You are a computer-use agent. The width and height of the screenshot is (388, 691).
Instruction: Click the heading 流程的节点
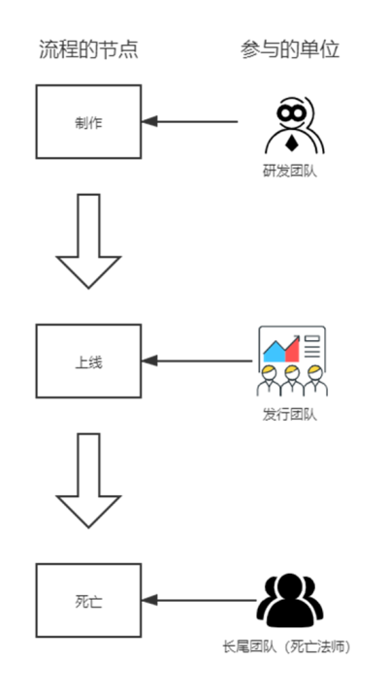point(88,49)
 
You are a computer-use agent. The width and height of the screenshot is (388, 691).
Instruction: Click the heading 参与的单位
point(290,49)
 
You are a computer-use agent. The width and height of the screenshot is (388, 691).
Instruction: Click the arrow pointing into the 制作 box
point(189,121)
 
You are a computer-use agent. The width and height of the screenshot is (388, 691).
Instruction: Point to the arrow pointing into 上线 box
point(197,361)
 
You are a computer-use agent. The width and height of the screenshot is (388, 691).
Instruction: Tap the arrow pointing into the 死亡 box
point(199,600)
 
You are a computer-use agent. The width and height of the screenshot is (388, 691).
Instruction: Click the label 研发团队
point(290,172)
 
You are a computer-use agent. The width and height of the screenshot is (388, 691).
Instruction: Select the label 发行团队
point(290,415)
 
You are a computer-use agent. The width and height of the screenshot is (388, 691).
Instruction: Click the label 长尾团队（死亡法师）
point(286,647)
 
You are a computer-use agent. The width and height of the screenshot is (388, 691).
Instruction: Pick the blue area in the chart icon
point(274,352)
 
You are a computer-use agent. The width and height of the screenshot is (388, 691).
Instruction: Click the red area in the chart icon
point(293,351)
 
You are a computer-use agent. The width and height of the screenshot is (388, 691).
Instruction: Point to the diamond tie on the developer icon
point(291,143)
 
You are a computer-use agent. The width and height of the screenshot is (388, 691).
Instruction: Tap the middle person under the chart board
point(291,380)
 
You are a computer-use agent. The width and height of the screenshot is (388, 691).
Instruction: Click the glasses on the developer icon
point(291,113)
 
